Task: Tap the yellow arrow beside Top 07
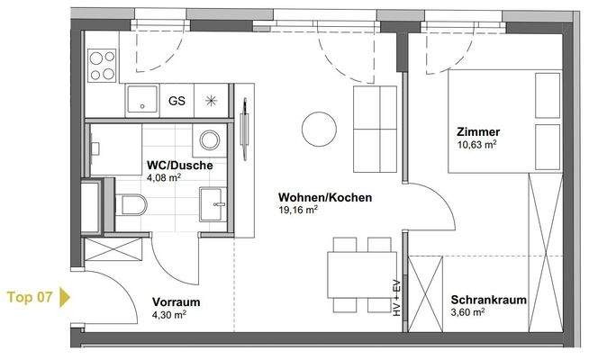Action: tap(65, 296)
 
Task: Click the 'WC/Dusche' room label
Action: tap(179, 166)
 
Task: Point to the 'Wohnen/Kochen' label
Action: tap(312, 198)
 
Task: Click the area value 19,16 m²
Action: tap(298, 211)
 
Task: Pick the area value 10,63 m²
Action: tap(477, 143)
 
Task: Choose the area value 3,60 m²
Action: tap(468, 313)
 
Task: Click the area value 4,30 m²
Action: tap(168, 315)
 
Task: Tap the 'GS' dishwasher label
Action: tap(177, 100)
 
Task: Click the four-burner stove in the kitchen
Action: tap(102, 63)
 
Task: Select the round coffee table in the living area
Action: tap(317, 127)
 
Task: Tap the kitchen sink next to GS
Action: tap(142, 100)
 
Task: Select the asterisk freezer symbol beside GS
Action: tap(212, 100)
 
